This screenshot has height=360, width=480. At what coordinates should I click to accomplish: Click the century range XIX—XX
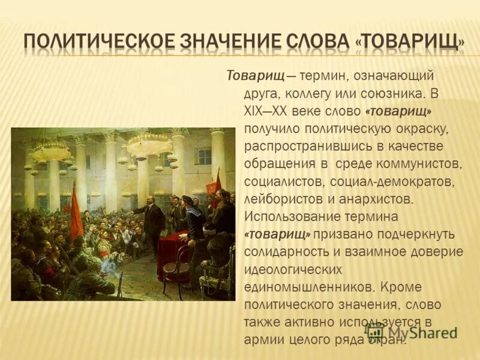tap(268, 111)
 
